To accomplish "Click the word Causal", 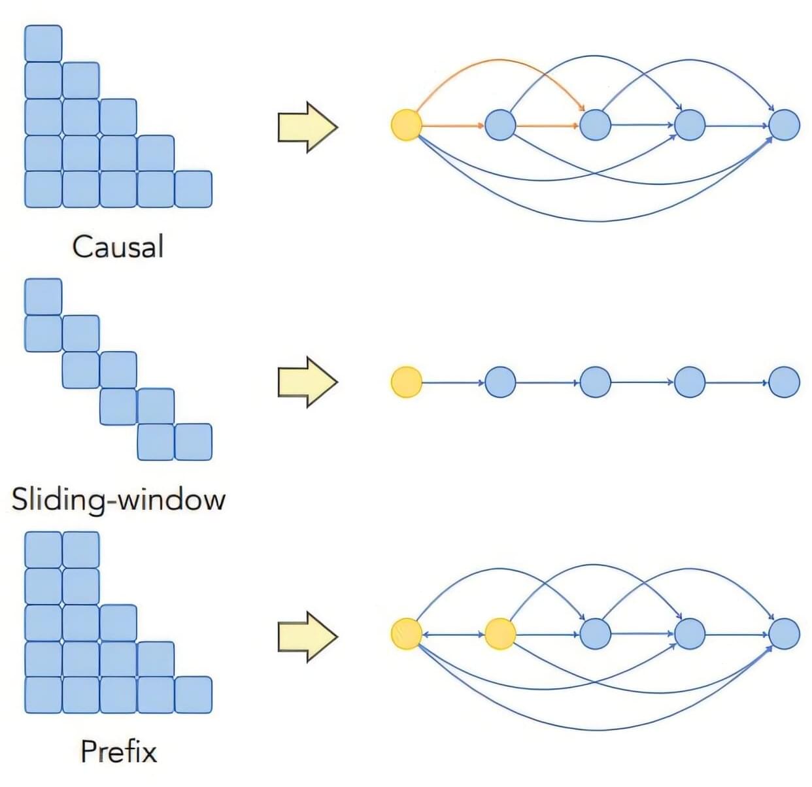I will point(118,247).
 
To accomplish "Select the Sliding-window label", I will point(118,499).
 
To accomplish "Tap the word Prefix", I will point(118,751).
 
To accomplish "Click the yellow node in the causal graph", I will point(407,125).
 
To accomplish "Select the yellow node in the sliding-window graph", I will point(407,382).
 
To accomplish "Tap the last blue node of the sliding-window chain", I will point(784,382).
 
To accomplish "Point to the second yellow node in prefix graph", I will point(501,634).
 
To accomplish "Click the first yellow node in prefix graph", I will point(407,634).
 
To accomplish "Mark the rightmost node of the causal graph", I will point(784,125).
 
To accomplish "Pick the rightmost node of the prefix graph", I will point(784,634).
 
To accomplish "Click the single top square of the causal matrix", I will point(43,43).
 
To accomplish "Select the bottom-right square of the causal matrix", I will point(194,189).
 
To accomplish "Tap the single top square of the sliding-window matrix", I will point(43,296).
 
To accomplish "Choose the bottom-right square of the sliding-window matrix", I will point(194,442).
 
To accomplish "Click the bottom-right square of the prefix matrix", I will point(194,695).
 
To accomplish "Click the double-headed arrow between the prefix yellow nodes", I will point(454,634).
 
